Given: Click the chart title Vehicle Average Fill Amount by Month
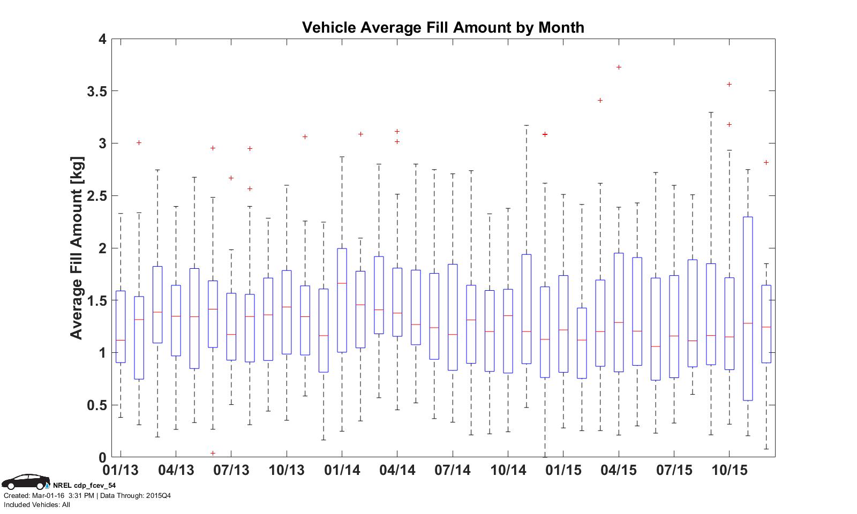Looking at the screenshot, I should click(x=443, y=27).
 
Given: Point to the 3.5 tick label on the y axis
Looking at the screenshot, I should click(x=96, y=92).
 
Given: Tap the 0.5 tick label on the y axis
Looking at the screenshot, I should click(x=96, y=405).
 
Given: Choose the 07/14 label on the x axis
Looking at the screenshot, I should click(x=452, y=471).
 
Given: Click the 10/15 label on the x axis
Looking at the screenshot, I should click(x=729, y=471).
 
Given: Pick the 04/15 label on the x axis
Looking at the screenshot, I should click(x=619, y=471).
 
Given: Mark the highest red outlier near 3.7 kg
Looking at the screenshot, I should click(x=619, y=67).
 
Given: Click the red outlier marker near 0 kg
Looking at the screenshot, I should click(x=213, y=453).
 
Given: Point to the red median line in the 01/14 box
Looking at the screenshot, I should click(x=342, y=283).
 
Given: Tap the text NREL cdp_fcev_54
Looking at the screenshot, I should click(x=84, y=486).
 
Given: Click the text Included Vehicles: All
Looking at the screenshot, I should click(x=37, y=505).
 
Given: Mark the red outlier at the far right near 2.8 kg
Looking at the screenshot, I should click(x=766, y=163).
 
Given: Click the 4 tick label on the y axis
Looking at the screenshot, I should click(x=102, y=39).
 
